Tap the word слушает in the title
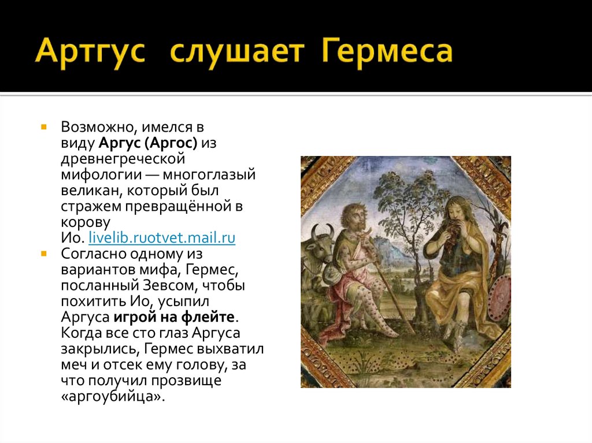point(237,51)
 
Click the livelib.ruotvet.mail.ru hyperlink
point(161,237)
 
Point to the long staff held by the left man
point(393,289)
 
